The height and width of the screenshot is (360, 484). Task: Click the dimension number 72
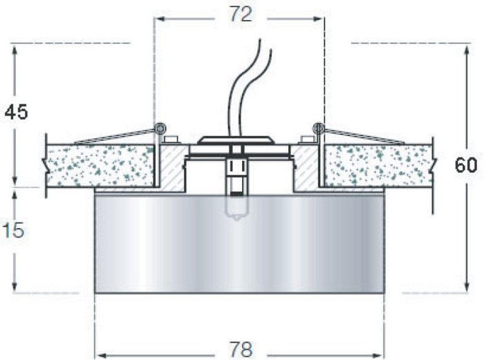pyautogui.click(x=241, y=15)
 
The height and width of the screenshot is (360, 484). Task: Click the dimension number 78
pyautogui.click(x=241, y=349)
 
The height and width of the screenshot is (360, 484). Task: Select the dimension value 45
pyautogui.click(x=16, y=112)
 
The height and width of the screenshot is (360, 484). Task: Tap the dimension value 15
pyautogui.click(x=13, y=230)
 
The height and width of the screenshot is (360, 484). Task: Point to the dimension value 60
pyautogui.click(x=466, y=166)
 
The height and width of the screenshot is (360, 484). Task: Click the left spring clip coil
pyautogui.click(x=160, y=128)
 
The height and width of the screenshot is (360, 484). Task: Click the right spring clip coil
pyautogui.click(x=319, y=128)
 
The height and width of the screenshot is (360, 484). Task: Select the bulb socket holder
pyautogui.click(x=236, y=176)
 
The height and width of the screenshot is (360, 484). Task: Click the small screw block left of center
pyautogui.click(x=172, y=140)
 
